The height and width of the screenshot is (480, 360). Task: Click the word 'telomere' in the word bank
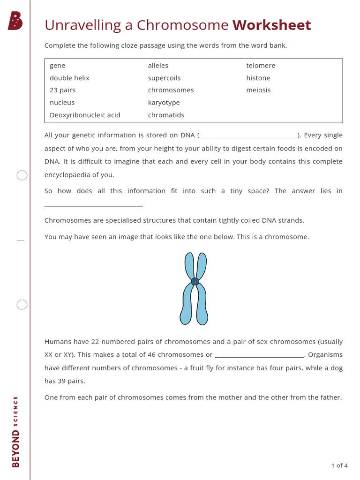[261, 66]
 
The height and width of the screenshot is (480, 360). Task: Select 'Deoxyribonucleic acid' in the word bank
[85, 115]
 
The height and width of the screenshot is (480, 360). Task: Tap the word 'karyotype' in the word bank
[164, 103]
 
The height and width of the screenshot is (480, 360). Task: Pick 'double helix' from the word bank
[69, 78]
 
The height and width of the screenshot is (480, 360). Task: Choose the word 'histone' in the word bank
[258, 78]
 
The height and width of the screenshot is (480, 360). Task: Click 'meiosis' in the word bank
[258, 90]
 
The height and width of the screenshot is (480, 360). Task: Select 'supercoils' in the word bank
[164, 78]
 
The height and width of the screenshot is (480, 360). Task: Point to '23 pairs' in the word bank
[62, 90]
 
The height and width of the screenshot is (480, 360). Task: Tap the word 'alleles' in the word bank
[158, 66]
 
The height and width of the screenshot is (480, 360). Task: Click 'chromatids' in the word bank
[166, 115]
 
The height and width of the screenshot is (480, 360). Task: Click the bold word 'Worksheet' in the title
[271, 25]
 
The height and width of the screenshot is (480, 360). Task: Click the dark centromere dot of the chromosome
[195, 281]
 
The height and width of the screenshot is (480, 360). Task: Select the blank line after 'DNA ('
[248, 137]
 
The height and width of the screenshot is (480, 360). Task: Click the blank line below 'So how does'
[93, 205]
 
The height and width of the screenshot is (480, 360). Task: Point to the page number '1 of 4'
[339, 465]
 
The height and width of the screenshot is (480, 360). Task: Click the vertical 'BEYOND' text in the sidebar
[16, 449]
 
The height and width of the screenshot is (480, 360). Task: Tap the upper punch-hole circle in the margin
[22, 175]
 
